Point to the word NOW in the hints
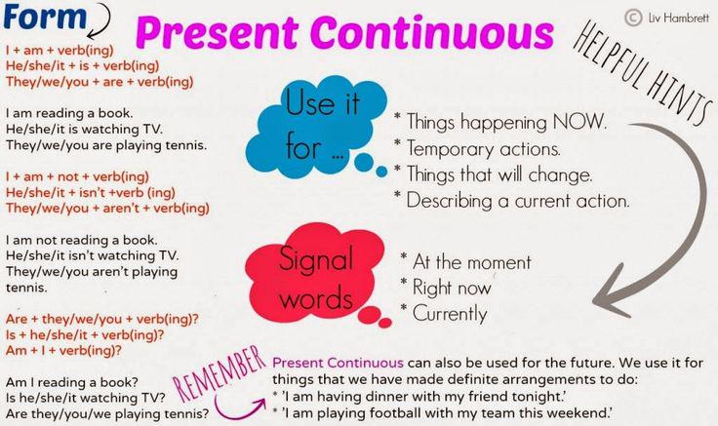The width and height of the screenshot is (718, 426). pos(579,122)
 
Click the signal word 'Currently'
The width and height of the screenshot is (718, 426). pos(450,313)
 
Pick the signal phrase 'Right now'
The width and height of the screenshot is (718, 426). pos(452,288)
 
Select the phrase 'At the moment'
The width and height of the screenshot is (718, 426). pos(472,261)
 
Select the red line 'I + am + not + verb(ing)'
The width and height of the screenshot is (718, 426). pos(77,176)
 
